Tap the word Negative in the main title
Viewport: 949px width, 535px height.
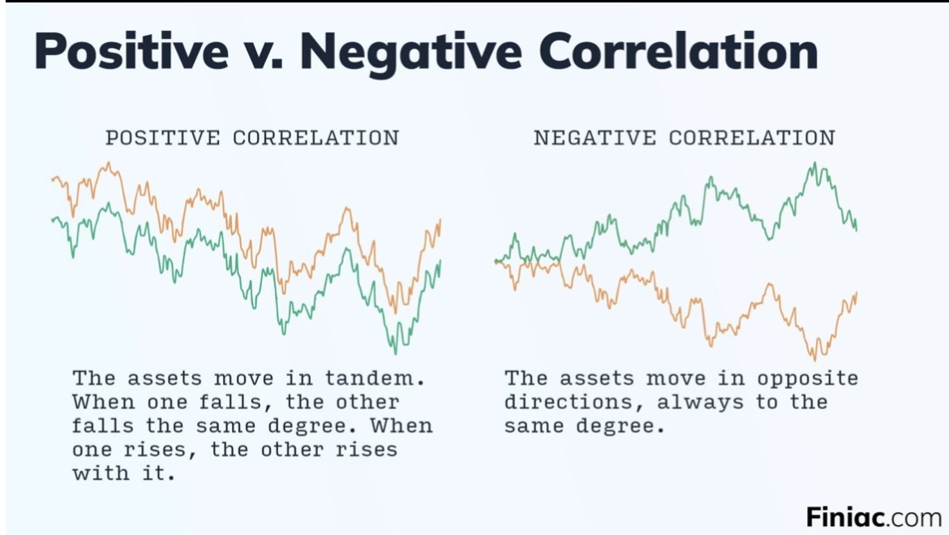(411, 52)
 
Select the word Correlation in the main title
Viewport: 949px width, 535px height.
(678, 51)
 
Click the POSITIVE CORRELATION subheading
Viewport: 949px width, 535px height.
(252, 137)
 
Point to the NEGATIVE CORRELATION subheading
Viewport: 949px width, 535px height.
(685, 137)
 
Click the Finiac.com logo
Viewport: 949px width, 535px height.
(874, 517)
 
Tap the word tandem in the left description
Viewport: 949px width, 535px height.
(375, 378)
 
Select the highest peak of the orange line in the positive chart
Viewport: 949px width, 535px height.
(109, 162)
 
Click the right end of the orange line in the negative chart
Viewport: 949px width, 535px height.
(857, 293)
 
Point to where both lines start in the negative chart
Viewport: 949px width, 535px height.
(496, 261)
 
